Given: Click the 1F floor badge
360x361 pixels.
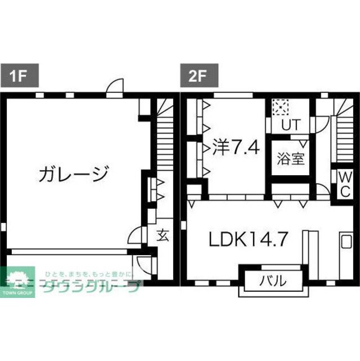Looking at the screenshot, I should (16, 75).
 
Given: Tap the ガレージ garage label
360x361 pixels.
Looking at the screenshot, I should (73, 175).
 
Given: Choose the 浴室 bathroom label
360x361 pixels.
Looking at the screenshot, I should (290, 158).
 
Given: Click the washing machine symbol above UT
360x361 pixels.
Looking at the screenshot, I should (280, 106).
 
